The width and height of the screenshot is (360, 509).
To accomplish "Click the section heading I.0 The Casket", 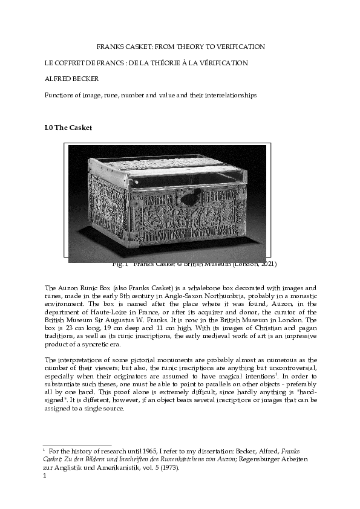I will point(68,128).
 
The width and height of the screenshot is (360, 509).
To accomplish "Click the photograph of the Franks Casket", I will point(168,203).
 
